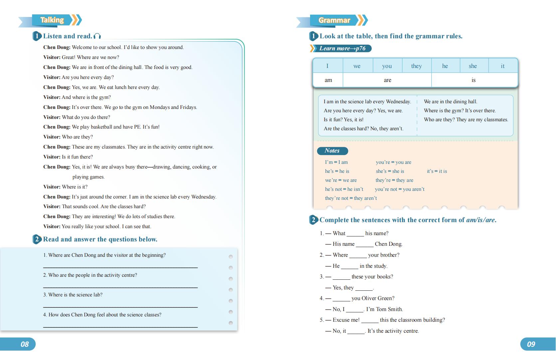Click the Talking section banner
click(x=52, y=20)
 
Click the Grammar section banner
click(x=334, y=20)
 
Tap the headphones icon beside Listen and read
click(x=97, y=36)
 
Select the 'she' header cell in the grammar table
click(x=472, y=66)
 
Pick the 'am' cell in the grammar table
click(x=328, y=80)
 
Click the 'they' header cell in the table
click(x=416, y=66)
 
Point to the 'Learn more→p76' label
click(x=342, y=49)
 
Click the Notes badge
click(x=332, y=151)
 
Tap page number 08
click(x=25, y=344)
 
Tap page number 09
click(x=531, y=344)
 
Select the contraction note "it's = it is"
click(x=437, y=171)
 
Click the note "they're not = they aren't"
click(x=351, y=198)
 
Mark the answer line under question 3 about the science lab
click(x=120, y=306)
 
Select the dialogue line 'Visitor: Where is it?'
click(x=65, y=187)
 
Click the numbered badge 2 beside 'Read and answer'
click(x=37, y=239)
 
